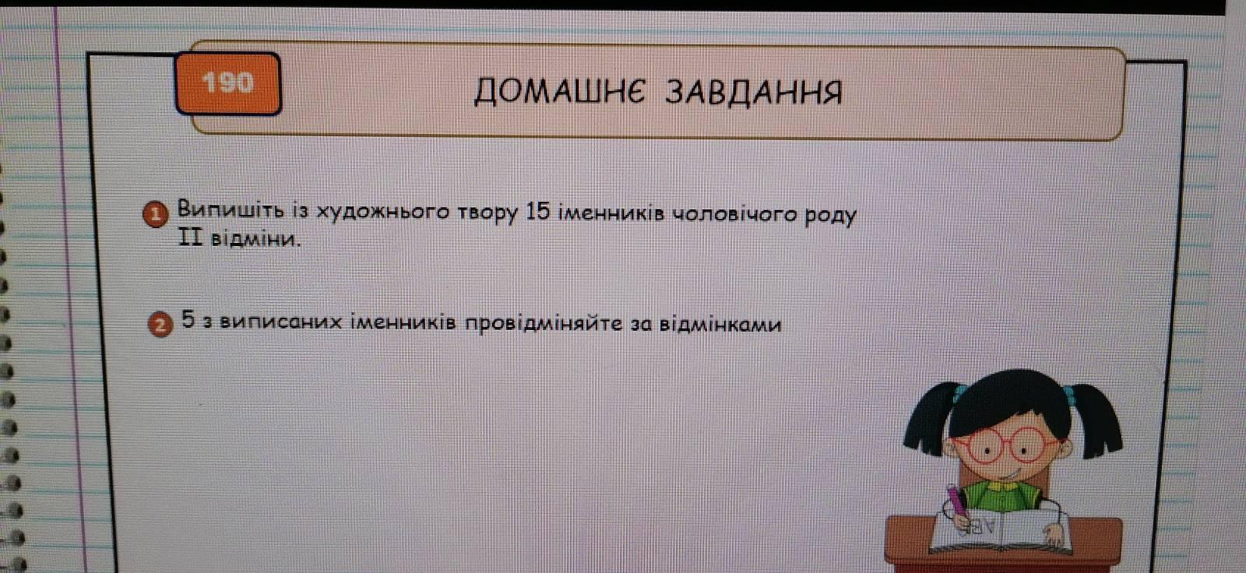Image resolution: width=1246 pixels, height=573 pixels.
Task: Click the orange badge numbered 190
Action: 228,83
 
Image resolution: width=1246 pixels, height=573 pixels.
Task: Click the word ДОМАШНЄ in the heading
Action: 559,91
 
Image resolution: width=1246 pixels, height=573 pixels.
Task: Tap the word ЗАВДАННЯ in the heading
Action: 754,93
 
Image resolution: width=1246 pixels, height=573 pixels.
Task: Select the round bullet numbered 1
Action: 156,214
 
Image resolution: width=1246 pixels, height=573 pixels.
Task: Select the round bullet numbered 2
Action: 160,325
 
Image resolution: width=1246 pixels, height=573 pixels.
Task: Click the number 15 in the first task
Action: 537,212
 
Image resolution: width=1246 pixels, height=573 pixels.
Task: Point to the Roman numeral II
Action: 190,237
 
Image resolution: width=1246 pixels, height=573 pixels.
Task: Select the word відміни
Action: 256,239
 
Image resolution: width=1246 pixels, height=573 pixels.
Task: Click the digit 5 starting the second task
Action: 188,319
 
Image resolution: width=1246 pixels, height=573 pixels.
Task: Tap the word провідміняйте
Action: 543,324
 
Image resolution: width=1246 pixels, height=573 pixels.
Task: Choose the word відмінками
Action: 720,324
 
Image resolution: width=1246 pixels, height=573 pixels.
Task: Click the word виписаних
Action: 280,322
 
